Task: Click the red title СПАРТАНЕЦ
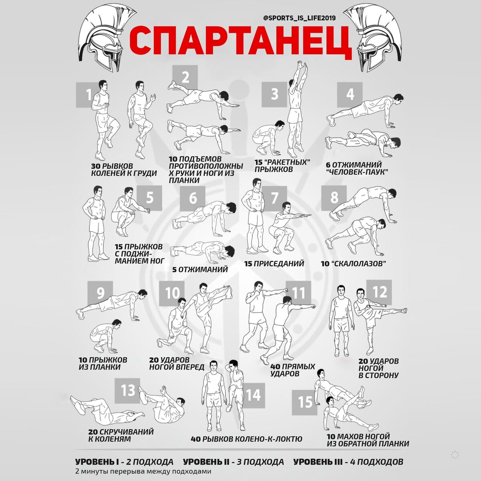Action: (x=240, y=42)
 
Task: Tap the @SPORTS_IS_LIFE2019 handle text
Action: (x=299, y=18)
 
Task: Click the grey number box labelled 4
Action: (x=350, y=95)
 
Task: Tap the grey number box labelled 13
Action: (x=127, y=390)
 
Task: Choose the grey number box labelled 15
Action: (x=305, y=402)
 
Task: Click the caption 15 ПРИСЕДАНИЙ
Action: (x=274, y=263)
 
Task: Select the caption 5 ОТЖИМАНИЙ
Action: (x=200, y=270)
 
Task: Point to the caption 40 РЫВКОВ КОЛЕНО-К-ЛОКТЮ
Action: (x=247, y=439)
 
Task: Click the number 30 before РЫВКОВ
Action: (x=96, y=166)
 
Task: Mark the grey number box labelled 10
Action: (x=172, y=293)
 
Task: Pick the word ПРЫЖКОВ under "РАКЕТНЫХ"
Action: (x=274, y=170)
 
